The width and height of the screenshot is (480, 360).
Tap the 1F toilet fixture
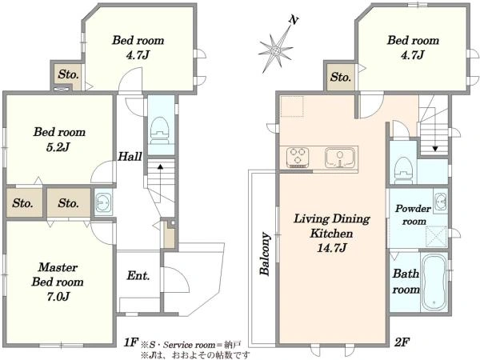[x=160, y=130]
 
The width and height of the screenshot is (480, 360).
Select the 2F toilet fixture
[x=403, y=170]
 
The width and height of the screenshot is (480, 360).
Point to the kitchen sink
[x=340, y=158]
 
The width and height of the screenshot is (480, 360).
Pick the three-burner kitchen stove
[x=298, y=158]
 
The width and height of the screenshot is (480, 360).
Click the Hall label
[x=130, y=157]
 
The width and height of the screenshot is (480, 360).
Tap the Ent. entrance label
[x=138, y=275]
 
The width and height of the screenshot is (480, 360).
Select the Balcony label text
[x=265, y=254]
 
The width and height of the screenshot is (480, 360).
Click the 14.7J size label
[x=332, y=248]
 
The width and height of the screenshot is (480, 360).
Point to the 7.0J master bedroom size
[x=58, y=296]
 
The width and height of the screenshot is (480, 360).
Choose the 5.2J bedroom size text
[x=58, y=147]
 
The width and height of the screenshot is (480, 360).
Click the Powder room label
[x=414, y=215]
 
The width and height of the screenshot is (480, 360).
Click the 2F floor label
[x=402, y=342]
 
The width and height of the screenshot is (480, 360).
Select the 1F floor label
[x=131, y=342]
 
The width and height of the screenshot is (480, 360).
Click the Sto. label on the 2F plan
[x=341, y=77]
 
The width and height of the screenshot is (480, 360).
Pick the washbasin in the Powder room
[x=440, y=202]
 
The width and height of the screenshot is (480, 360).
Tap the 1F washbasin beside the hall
[x=102, y=202]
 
